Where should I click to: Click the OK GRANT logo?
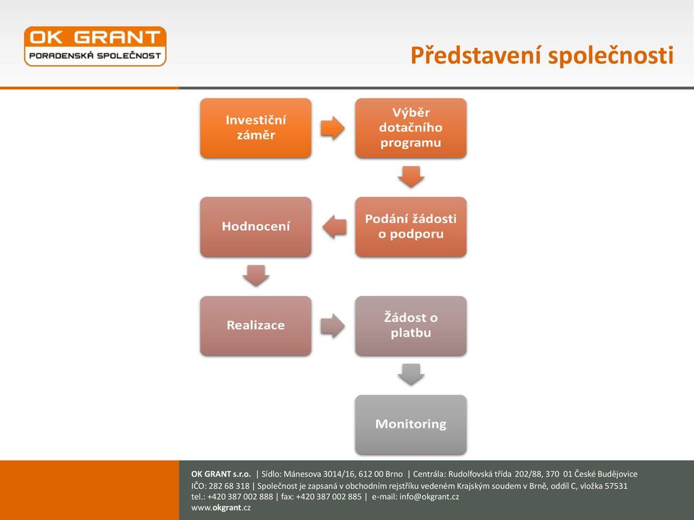pos(95,46)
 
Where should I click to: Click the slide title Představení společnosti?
pos(541,56)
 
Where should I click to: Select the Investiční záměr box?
pos(256,128)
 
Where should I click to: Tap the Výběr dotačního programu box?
pos(411,128)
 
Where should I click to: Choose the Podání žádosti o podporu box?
pos(411,227)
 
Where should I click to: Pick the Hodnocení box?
pos(256,227)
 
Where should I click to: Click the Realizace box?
pos(256,326)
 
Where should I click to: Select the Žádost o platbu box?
pos(411,326)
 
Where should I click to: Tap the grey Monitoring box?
pos(411,425)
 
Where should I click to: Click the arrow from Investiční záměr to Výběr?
pos(333,129)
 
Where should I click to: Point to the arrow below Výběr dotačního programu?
pos(411,177)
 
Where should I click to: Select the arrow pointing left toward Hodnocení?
pos(335,227)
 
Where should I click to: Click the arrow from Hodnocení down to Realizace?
pos(256,276)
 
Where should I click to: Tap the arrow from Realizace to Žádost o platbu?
pos(333,326)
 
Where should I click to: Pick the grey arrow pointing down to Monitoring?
pos(411,375)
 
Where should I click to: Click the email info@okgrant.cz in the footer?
pos(429,497)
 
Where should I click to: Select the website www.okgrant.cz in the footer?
pos(221,508)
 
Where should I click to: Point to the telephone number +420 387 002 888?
pos(240,497)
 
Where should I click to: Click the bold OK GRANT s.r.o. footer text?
pos(221,474)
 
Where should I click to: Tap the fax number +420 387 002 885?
pos(328,497)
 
